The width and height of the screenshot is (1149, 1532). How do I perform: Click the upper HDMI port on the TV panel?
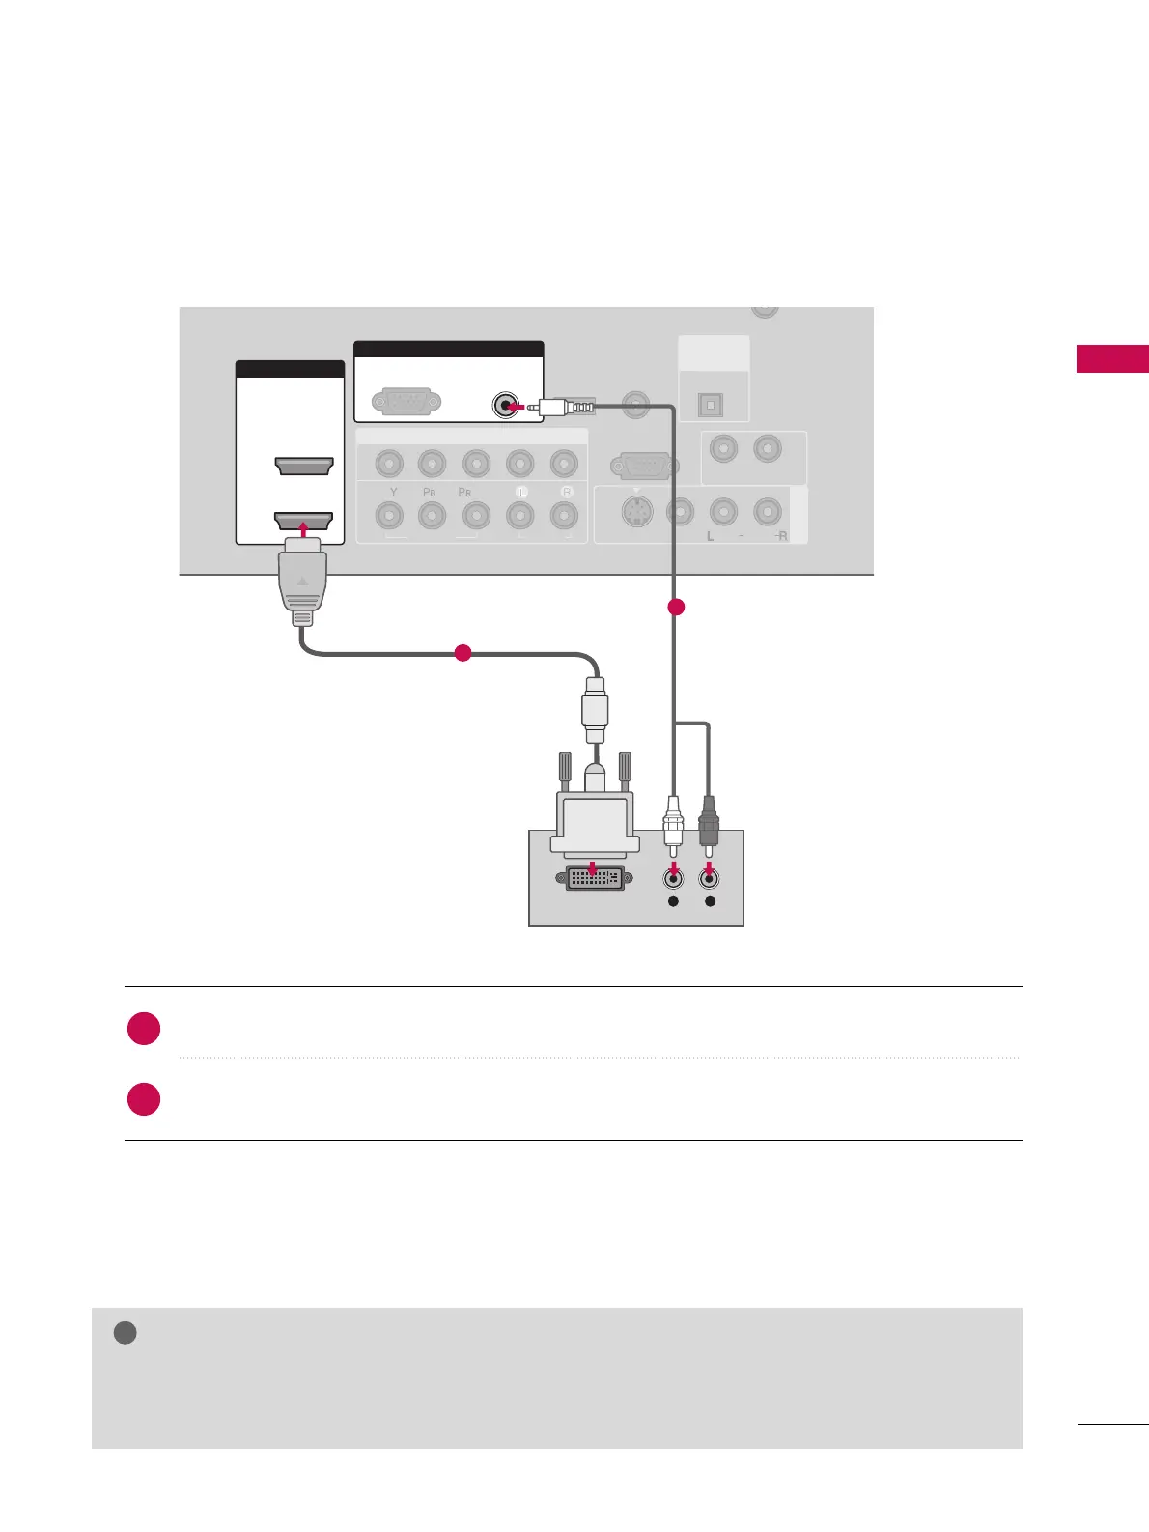coord(304,467)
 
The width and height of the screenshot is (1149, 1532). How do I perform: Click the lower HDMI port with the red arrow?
coord(304,521)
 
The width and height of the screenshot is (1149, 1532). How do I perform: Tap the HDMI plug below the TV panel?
coord(303,585)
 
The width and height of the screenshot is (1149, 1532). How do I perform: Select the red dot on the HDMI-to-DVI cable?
coord(462,652)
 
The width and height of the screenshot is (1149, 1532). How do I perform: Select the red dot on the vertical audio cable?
coord(676,607)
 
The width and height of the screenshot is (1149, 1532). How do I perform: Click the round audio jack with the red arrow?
coord(503,406)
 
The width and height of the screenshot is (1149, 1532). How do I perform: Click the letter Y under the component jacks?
coord(394,492)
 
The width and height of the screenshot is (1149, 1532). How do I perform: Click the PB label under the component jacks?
coord(430,492)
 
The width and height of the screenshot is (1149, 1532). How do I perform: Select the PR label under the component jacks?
coord(464,492)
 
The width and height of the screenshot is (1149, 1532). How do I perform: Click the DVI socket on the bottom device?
coord(594,878)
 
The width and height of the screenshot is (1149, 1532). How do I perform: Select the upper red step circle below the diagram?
coord(144,1028)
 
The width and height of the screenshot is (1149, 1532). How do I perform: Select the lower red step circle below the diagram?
coord(144,1099)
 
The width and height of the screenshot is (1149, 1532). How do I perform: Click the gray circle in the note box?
coord(125,1333)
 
